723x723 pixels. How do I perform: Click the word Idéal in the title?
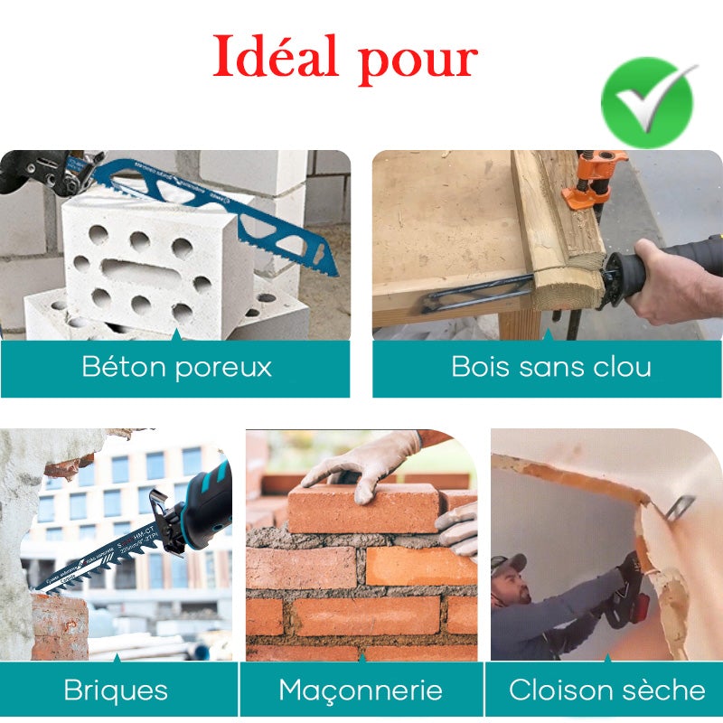(x=277, y=58)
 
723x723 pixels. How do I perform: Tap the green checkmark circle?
(x=647, y=102)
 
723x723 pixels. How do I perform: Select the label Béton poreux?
(x=176, y=368)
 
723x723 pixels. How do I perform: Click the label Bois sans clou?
(x=551, y=368)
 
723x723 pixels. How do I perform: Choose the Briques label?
(x=116, y=690)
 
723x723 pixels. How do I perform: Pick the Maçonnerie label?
(x=361, y=690)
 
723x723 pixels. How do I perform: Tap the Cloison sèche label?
(x=606, y=690)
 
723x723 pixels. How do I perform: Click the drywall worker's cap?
(x=509, y=565)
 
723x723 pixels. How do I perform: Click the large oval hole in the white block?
(x=136, y=270)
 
